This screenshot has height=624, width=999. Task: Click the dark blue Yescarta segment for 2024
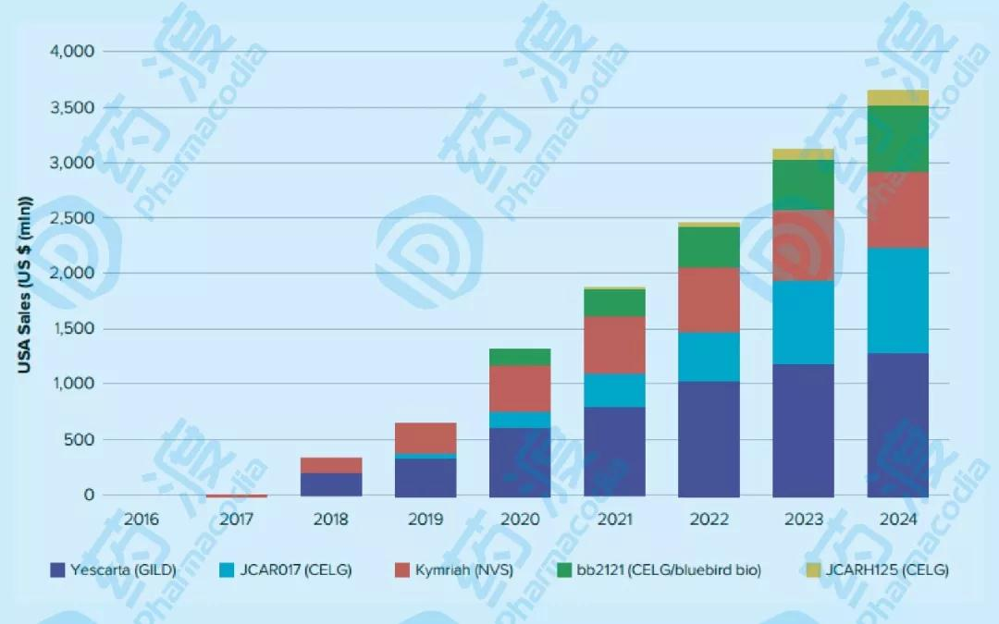[896, 424]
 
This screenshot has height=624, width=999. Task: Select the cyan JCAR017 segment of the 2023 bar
[802, 323]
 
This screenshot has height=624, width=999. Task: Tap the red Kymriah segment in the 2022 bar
[709, 300]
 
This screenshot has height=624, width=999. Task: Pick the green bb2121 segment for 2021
[614, 302]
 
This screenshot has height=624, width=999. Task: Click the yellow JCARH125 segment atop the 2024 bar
[896, 98]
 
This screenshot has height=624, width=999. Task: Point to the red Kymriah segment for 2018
[331, 465]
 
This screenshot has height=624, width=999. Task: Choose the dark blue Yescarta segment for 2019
[425, 477]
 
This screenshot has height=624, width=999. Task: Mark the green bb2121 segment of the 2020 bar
[520, 357]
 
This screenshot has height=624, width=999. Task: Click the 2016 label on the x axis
[142, 520]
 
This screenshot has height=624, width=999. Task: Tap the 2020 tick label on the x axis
[520, 520]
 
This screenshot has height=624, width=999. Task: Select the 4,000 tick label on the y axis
[71, 52]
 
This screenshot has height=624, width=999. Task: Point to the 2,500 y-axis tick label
[71, 218]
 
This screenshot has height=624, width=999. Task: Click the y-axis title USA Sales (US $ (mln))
[25, 284]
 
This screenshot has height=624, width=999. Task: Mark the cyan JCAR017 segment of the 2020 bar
[520, 420]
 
